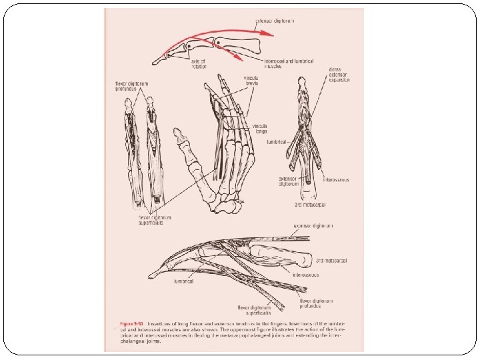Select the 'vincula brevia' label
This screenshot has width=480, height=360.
pyautogui.click(x=251, y=81)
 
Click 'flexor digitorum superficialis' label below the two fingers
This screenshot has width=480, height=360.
pyautogui.click(x=155, y=219)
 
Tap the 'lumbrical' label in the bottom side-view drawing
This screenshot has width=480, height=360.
pyautogui.click(x=183, y=281)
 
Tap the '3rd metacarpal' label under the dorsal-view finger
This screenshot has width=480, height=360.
pyautogui.click(x=309, y=203)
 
